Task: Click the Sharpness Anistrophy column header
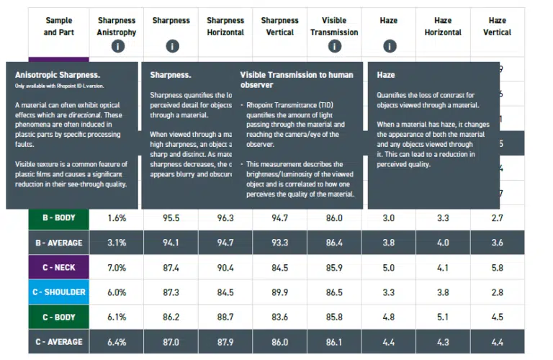[x=117, y=26]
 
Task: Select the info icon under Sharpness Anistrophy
[x=117, y=47]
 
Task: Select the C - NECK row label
[x=59, y=268]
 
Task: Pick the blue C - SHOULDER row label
[x=59, y=292]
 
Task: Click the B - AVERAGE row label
[x=59, y=243]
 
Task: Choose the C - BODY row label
[x=59, y=317]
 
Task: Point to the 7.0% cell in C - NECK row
[x=117, y=268]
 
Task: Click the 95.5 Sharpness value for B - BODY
[x=171, y=217]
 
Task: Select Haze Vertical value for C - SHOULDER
[x=497, y=292]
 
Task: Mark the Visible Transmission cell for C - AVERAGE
[x=334, y=341]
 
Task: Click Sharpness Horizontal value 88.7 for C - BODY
[x=225, y=317]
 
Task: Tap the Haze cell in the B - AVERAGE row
[x=389, y=243]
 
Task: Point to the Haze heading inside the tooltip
[x=386, y=74]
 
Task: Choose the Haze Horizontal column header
[x=443, y=26]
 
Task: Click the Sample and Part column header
[x=59, y=26]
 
